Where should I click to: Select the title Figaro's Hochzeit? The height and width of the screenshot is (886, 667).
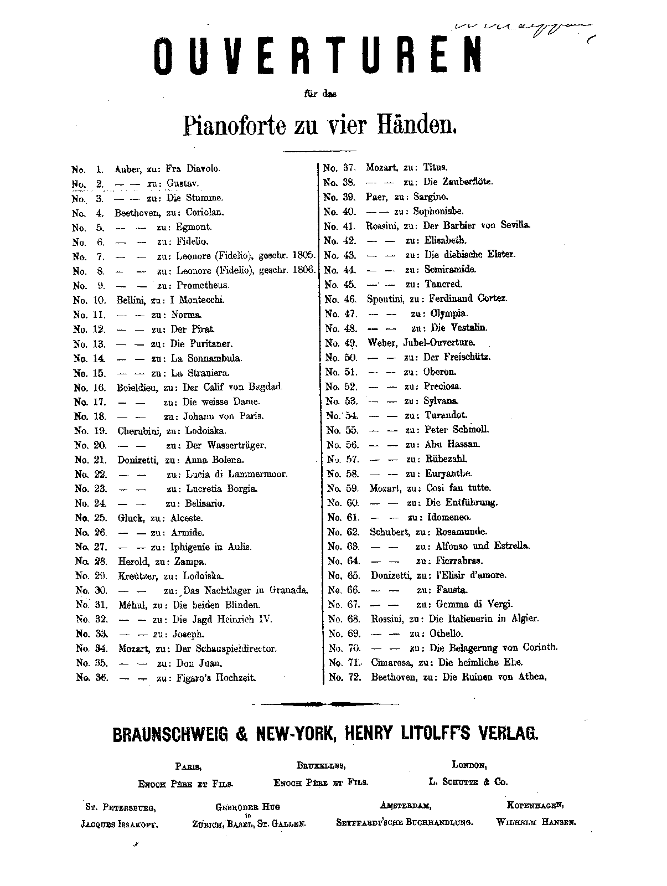tap(215, 678)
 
